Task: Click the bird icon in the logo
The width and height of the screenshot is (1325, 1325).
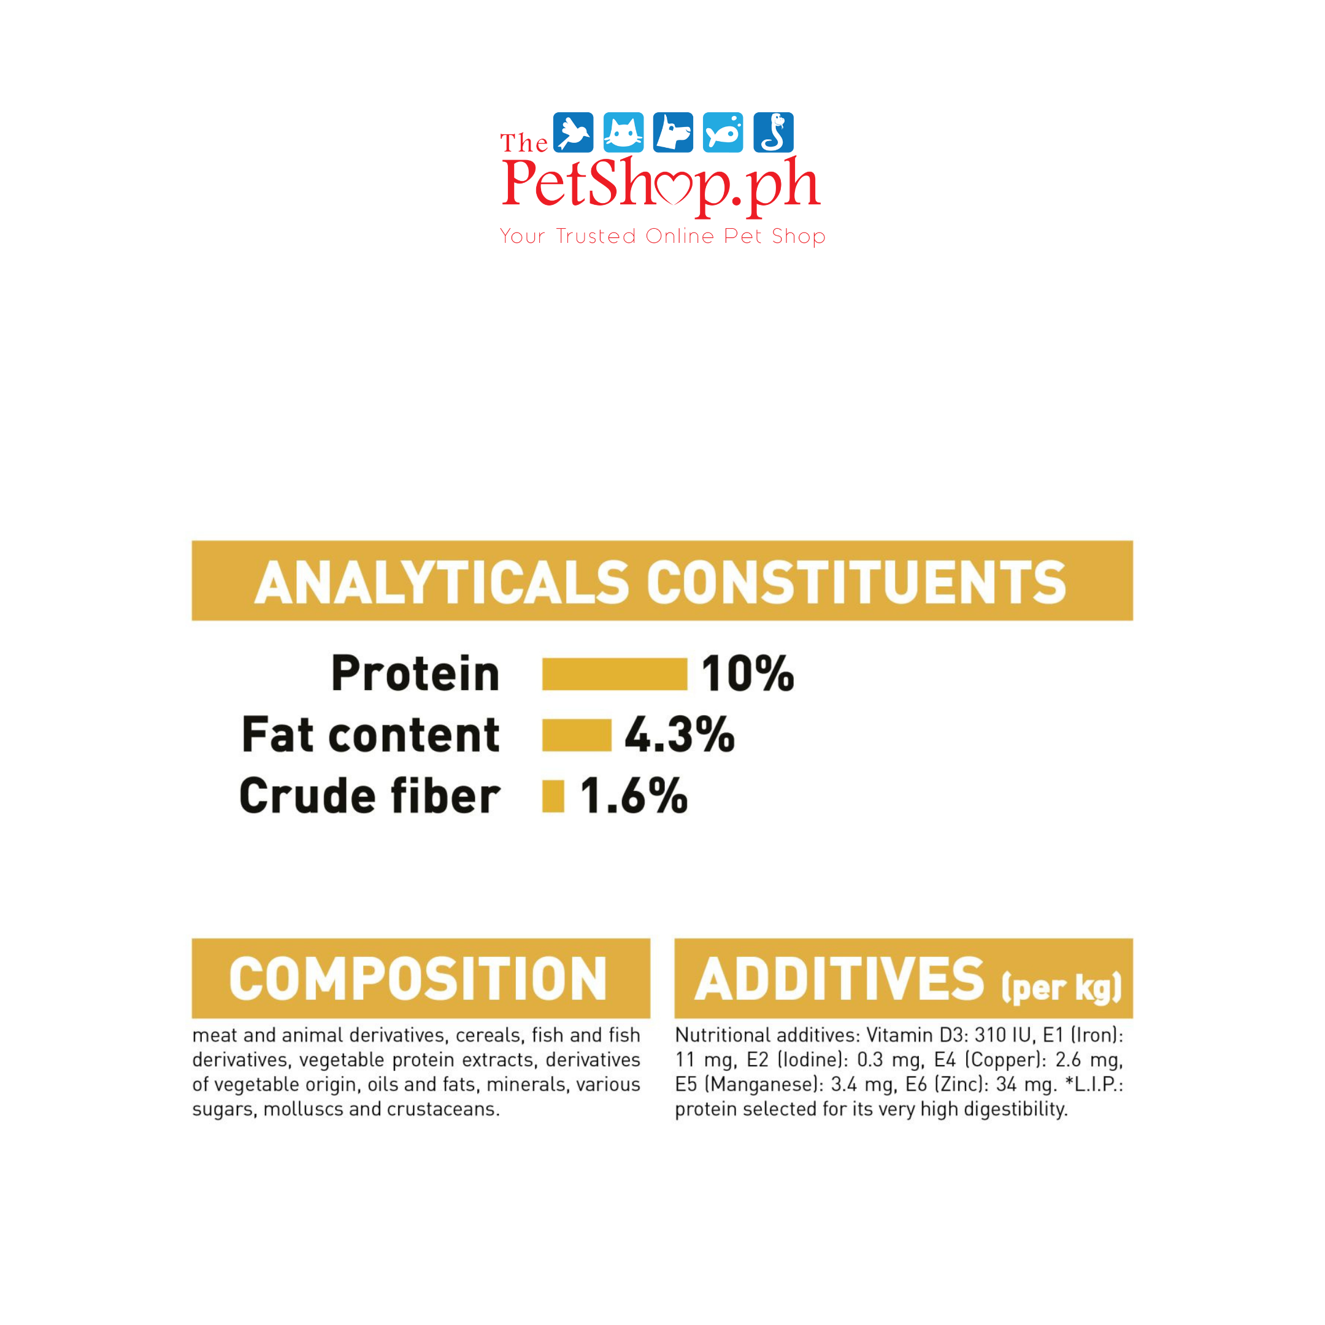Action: [x=573, y=132]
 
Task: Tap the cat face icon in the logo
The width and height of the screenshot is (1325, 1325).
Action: [x=623, y=132]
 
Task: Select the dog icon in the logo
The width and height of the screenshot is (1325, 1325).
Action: [x=673, y=132]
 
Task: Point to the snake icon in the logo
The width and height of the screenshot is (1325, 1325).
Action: [x=773, y=132]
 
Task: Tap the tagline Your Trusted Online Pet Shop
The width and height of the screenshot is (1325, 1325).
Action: [x=662, y=236]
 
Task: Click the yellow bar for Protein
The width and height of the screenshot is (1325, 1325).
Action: [x=615, y=674]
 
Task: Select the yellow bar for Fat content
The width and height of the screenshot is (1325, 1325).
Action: [x=576, y=735]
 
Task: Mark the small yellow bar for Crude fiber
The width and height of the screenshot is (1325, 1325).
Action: [x=553, y=796]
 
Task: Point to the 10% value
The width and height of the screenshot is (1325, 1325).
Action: [x=748, y=674]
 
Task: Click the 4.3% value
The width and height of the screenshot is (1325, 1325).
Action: [x=680, y=734]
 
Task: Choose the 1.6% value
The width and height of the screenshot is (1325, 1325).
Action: [x=634, y=796]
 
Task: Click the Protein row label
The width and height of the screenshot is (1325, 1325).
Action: [x=416, y=674]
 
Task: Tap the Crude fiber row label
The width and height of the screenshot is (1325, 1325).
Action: [x=370, y=796]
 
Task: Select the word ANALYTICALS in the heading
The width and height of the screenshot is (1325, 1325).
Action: [x=442, y=582]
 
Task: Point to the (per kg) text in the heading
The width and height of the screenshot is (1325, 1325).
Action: [x=1062, y=988]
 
